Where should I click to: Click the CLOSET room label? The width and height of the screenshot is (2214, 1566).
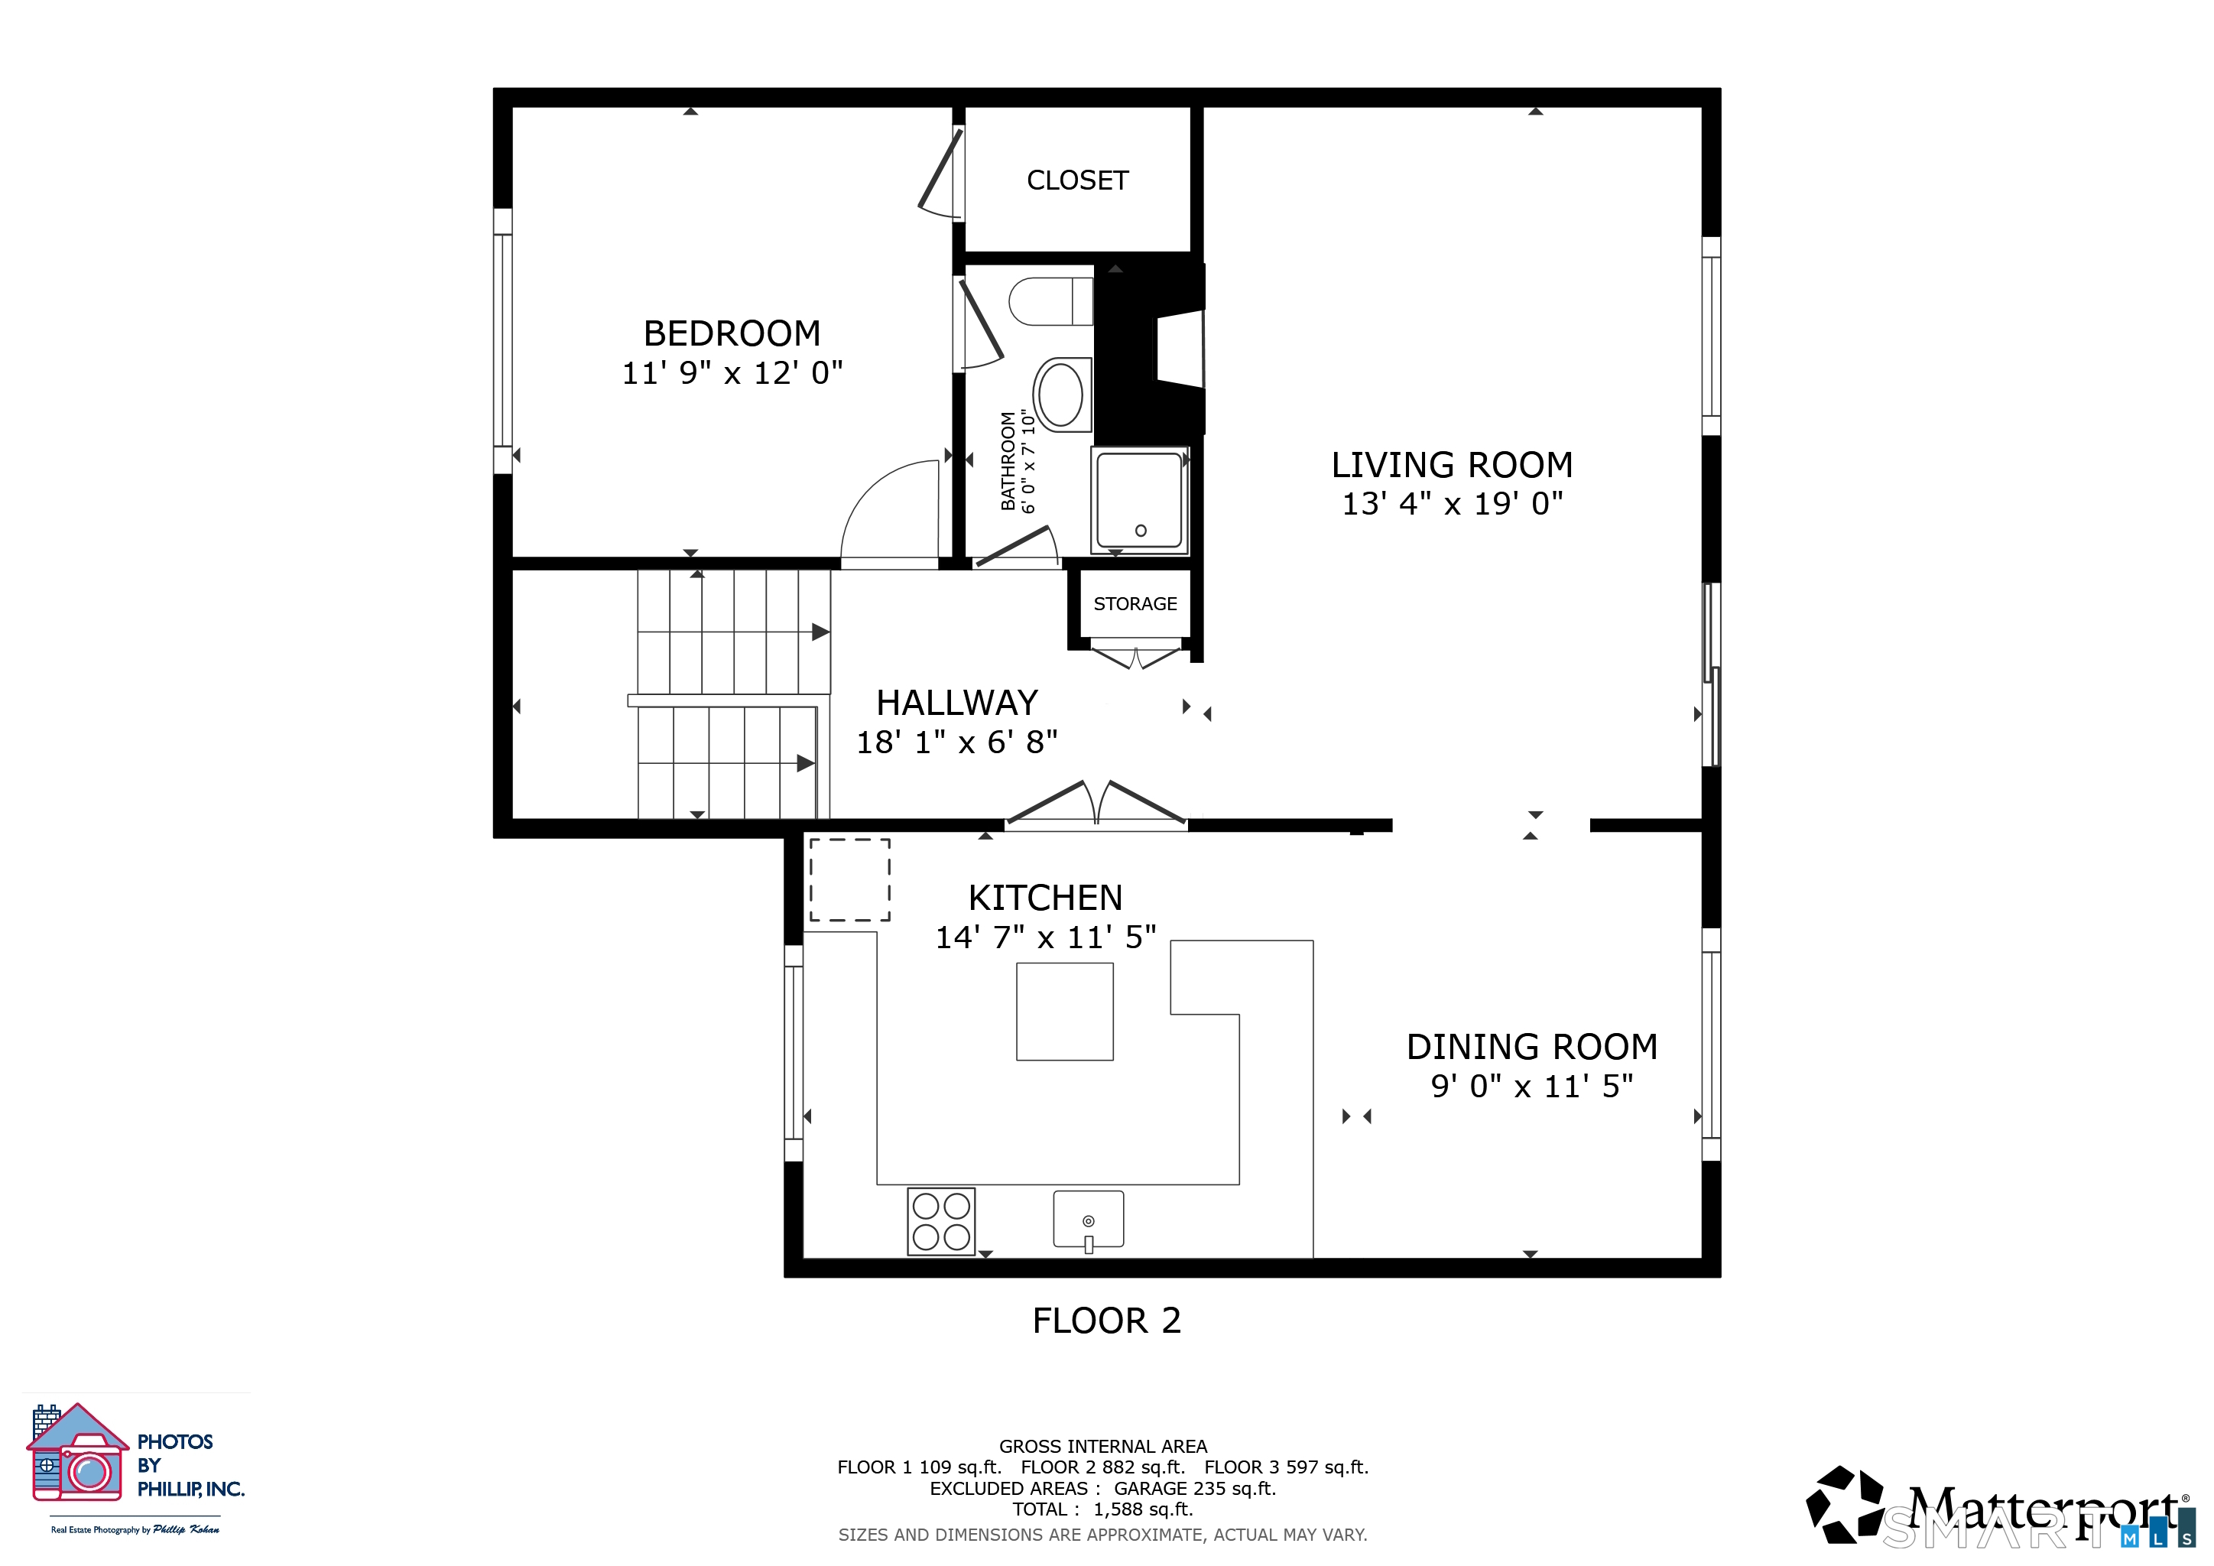tap(1077, 180)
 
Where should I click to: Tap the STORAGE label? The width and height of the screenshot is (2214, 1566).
tap(1135, 603)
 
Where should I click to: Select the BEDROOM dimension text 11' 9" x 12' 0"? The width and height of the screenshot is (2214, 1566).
tap(732, 372)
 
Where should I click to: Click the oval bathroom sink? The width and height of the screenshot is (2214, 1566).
tap(1062, 395)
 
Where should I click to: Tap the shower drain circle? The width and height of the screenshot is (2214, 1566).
tap(1141, 531)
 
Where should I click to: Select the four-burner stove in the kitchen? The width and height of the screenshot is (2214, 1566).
tap(941, 1221)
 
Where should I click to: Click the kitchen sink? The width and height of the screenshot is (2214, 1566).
tap(1089, 1220)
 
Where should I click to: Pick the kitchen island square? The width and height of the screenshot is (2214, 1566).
tap(1065, 1012)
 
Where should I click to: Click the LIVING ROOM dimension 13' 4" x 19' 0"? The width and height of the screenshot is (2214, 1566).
tap(1453, 503)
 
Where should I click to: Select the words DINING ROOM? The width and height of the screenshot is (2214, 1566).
tap(1531, 1046)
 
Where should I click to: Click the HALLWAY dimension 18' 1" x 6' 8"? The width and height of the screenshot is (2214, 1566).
tap(956, 742)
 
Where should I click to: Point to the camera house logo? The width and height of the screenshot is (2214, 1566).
tap(77, 1452)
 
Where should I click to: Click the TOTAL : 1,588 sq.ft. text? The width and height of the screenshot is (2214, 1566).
tap(1102, 1509)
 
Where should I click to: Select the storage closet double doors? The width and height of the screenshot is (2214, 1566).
tap(1136, 658)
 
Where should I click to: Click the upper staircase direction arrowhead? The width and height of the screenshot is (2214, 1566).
tap(820, 632)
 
